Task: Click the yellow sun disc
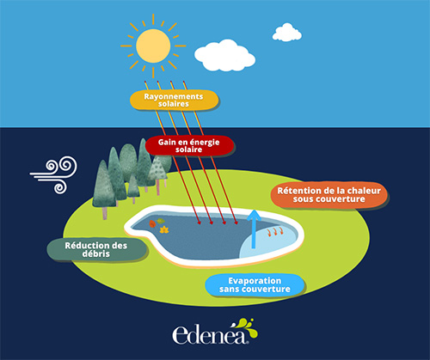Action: (153, 46)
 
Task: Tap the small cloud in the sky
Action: (287, 33)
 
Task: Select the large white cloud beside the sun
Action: (224, 56)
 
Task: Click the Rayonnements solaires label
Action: (174, 100)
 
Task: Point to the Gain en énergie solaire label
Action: (189, 145)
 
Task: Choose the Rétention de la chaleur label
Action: (329, 195)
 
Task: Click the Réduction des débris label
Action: (96, 249)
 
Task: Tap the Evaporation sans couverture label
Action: (255, 284)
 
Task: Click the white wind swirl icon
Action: (54, 174)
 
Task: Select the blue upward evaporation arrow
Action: (254, 229)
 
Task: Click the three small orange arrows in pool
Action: (275, 231)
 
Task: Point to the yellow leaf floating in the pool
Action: (164, 229)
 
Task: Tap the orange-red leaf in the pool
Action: (152, 223)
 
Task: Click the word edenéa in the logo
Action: (210, 334)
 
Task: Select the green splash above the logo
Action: (248, 327)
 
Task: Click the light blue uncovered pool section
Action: (268, 243)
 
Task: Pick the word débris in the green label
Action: (96, 253)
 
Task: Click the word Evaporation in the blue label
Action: (255, 281)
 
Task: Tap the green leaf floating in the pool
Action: (160, 221)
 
